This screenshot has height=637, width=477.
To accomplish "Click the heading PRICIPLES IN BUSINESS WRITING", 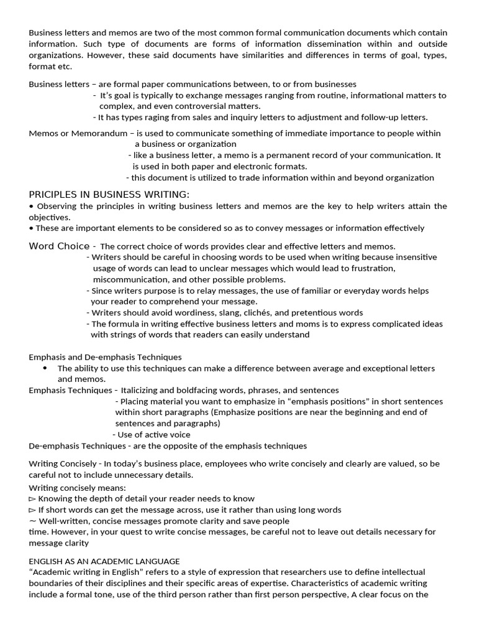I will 109,195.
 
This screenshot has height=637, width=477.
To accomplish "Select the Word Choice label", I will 59,246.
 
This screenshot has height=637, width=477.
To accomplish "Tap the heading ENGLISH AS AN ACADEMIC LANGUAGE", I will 104,560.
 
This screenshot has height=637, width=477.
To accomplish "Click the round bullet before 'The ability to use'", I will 45,368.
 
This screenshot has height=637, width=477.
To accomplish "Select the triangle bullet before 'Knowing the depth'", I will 32,498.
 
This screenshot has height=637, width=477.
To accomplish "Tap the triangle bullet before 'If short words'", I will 32,509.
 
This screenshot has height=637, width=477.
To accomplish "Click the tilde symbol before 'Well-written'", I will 32,521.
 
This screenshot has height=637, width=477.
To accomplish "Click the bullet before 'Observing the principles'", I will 31,206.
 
